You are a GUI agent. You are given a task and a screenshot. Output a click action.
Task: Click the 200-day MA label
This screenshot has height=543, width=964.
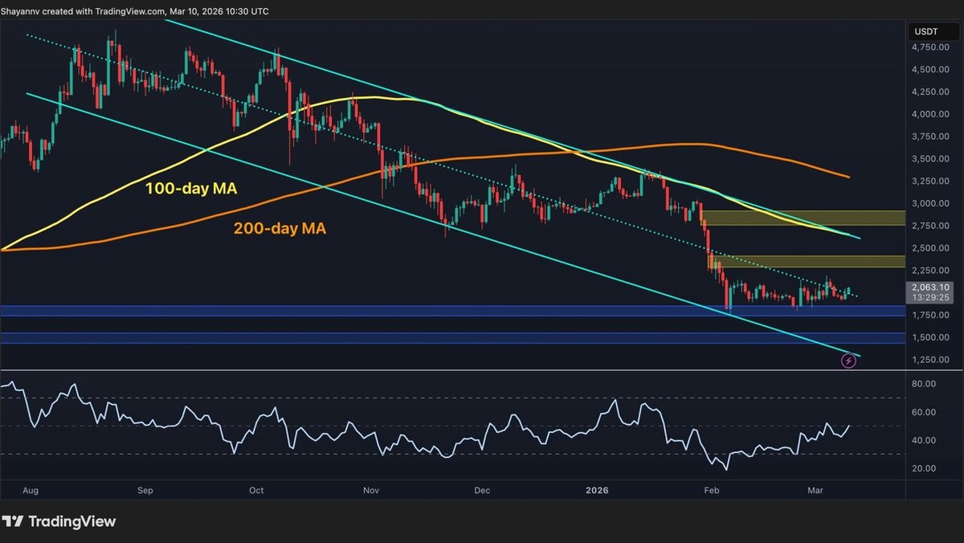click(x=279, y=229)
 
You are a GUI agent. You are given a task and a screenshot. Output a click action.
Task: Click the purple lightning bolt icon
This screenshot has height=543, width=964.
click(x=848, y=361)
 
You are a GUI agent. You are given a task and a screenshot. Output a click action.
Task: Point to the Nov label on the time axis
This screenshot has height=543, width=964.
click(x=370, y=489)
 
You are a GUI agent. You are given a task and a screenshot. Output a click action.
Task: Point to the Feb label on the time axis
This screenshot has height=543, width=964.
click(x=712, y=489)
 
